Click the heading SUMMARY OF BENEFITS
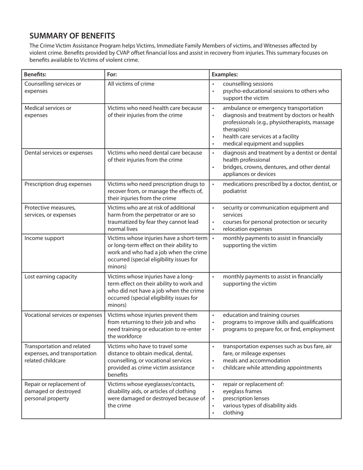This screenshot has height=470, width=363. tap(72, 36)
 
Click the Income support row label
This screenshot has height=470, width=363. tap(44, 238)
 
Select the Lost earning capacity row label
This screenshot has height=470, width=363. tap(51, 277)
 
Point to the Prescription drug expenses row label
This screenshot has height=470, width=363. tap(58, 184)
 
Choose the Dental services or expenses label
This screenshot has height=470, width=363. tap(58, 153)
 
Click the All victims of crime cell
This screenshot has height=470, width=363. tap(131, 84)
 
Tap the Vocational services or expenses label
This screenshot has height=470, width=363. tap(63, 315)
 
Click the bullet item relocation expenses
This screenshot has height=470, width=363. tap(248, 229)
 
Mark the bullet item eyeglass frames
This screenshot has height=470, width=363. tap(242, 391)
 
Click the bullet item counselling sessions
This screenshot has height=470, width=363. tap(248, 84)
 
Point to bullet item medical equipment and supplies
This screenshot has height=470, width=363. tap(263, 144)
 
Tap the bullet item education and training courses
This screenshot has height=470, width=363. tap(261, 315)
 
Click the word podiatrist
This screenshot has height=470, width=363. tap(235, 191)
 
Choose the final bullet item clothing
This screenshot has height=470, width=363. tap(233, 413)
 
